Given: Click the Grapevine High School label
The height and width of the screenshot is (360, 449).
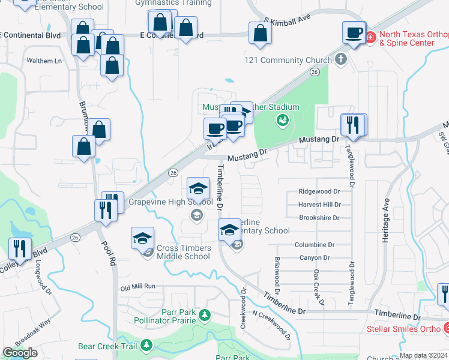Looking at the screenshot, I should pos(170,202).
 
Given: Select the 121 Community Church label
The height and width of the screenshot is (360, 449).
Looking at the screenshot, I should pos(288,60).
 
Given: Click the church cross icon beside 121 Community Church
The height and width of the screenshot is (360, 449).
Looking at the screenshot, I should pos(341,59).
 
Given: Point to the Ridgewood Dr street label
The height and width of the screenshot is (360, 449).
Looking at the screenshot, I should pos(319,191).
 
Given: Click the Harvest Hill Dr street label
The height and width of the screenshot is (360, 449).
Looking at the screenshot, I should pos(319,205).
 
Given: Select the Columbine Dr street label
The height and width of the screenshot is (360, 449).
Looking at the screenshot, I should pos(315,245).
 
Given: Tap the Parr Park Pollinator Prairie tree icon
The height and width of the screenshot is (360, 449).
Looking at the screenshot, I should pos(205,314).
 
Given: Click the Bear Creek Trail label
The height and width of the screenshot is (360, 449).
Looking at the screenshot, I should pos(108,346).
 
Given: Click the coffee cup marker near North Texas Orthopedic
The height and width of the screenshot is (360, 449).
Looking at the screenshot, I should pos(354,31).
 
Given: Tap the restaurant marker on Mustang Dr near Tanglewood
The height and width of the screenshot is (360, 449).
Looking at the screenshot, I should pos(353,125).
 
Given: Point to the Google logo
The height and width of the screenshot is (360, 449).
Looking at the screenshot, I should pos(20,352).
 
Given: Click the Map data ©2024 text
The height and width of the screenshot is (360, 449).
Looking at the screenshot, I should pos(423,355).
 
